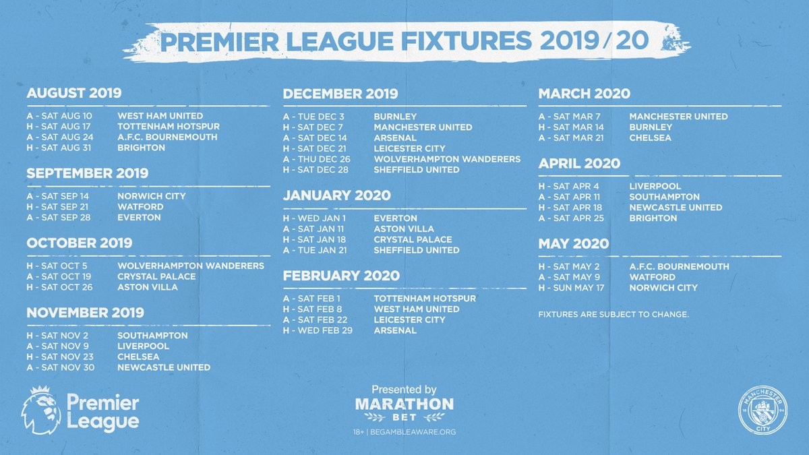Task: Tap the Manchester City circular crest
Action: [x=763, y=411]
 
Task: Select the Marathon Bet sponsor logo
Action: [x=404, y=408]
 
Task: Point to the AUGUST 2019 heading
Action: [x=74, y=94]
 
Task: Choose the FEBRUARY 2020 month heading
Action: [x=341, y=276]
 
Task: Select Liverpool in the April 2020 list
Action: [x=655, y=186]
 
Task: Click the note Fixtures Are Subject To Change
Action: [x=613, y=314]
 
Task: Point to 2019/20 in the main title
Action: [x=594, y=41]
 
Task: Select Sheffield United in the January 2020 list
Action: [x=416, y=250]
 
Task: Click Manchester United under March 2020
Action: [x=678, y=117]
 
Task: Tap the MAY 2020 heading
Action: [x=573, y=243]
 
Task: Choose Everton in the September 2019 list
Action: [x=139, y=218]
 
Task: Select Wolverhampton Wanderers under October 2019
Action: [x=190, y=266]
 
